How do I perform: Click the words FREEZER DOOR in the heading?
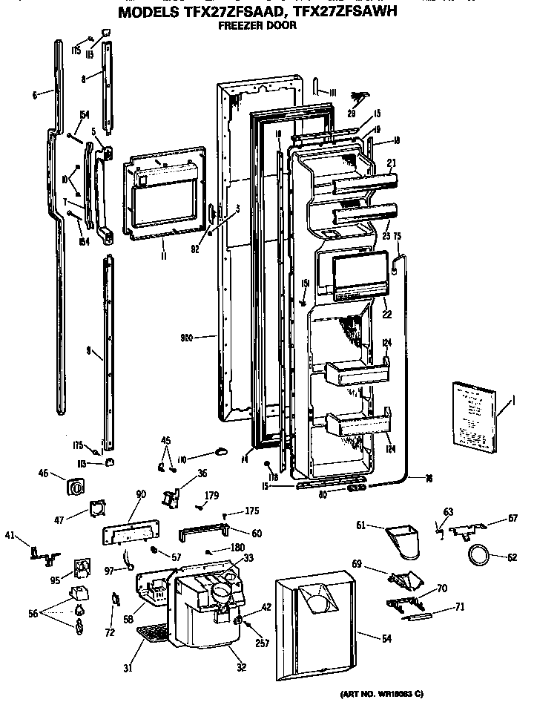pos(257,25)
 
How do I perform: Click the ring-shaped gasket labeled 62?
pos(478,553)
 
